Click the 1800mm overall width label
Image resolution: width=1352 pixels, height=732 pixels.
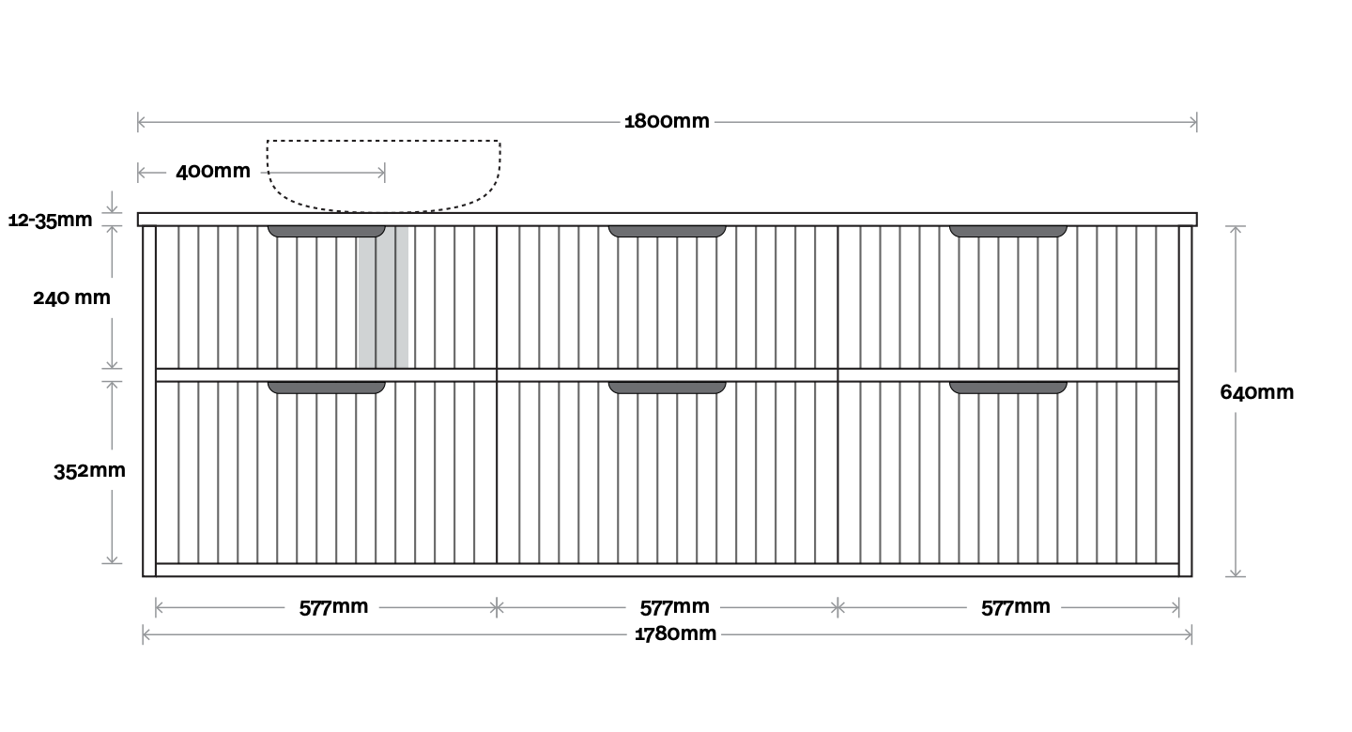[x=667, y=121]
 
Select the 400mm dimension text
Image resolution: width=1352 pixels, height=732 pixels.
[x=213, y=172]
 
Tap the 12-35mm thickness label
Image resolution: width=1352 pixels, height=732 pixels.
[x=51, y=221]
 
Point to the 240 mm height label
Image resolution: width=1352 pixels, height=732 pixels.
[x=71, y=297]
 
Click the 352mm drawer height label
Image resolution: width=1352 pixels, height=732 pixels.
[x=89, y=471]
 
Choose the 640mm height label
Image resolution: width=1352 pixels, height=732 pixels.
[x=1256, y=392]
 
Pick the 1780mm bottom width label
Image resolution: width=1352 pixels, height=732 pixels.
[x=675, y=633]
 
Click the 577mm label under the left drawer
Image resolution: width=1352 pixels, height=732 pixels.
[x=333, y=607]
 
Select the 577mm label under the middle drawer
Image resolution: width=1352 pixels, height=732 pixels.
[x=674, y=607]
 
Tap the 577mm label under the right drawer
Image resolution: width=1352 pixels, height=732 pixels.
[x=1016, y=607]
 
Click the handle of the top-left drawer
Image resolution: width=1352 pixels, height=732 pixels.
[x=326, y=231]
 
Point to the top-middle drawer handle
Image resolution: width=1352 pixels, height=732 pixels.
[x=667, y=231]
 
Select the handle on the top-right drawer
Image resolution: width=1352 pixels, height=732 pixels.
[x=1007, y=231]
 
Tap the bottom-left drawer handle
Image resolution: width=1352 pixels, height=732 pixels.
[x=326, y=387]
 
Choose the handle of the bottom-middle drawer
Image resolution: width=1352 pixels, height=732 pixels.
[x=667, y=387]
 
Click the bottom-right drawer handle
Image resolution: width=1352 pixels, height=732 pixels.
[x=1007, y=387]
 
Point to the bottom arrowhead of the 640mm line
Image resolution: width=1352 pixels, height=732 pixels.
[x=1236, y=572]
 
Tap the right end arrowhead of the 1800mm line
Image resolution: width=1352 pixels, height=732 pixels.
[x=1193, y=121]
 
